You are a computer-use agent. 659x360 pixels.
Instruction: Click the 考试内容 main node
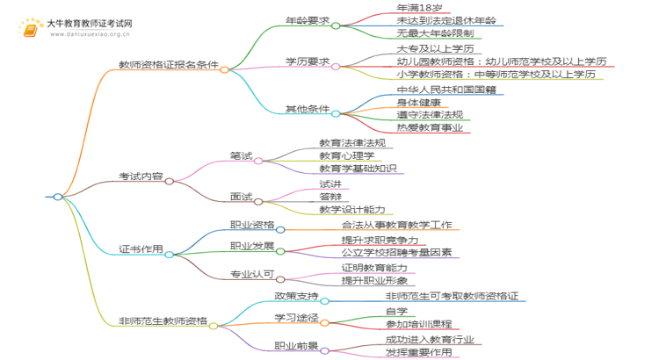coord(140,176)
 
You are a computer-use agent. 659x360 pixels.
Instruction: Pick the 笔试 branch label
coord(241,155)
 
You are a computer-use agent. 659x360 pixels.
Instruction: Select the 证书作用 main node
coord(140,248)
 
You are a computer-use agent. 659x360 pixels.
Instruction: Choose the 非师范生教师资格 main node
coord(163,320)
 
